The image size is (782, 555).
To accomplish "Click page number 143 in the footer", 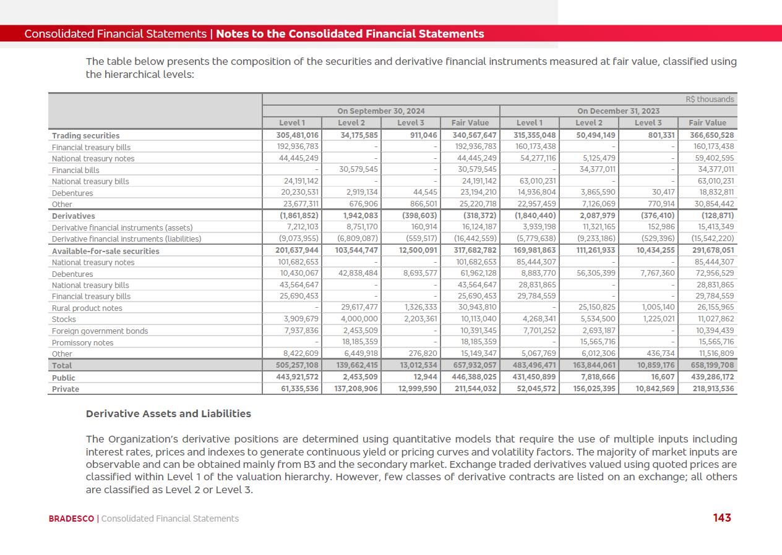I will pos(722,518).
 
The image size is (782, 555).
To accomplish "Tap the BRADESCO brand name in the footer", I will pos(71,519).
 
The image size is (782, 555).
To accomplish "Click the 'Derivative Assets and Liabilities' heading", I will pos(168,413).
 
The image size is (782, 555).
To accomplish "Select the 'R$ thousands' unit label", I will pos(710,100).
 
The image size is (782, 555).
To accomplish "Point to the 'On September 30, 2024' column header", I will pos(380,111).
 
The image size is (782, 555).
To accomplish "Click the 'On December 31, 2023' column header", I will pos(618,111).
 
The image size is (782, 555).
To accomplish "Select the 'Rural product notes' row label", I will pos(87,308).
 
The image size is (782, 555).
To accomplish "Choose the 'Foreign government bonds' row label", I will pos(100,331).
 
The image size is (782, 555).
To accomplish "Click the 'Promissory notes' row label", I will pos(82,342).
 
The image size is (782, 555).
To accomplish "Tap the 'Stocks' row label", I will pos(64,320).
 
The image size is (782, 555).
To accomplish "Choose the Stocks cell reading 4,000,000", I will pos(358,320).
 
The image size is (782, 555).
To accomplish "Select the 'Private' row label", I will pos(66,389).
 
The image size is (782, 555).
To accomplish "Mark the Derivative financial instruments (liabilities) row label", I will pos(126,239).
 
